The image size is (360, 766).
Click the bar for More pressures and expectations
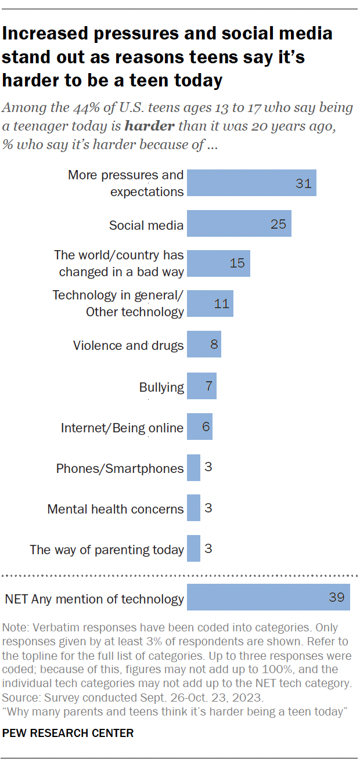click(x=251, y=183)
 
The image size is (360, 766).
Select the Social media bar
click(x=238, y=224)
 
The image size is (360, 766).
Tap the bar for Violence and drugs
click(x=203, y=345)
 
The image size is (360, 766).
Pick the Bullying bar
click(x=201, y=386)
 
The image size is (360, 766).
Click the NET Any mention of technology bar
click(x=268, y=598)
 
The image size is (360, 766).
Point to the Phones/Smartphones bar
click(x=193, y=468)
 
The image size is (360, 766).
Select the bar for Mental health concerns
click(x=193, y=508)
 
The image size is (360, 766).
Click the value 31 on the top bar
click(x=303, y=184)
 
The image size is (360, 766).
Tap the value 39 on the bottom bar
click(x=336, y=598)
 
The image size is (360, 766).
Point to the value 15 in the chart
click(x=237, y=263)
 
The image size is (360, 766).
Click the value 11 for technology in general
click(x=221, y=303)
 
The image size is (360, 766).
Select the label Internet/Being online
click(x=122, y=428)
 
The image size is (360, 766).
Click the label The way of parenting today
click(x=107, y=550)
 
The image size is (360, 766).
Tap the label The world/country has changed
click(x=119, y=263)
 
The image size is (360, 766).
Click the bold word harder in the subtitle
click(x=148, y=126)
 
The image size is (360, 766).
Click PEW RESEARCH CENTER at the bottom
click(x=68, y=733)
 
